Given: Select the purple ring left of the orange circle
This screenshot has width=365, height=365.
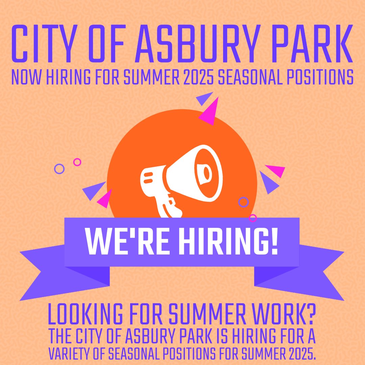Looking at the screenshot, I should click(x=59, y=169).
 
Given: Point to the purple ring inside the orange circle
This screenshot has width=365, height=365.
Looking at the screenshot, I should click(x=243, y=202).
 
